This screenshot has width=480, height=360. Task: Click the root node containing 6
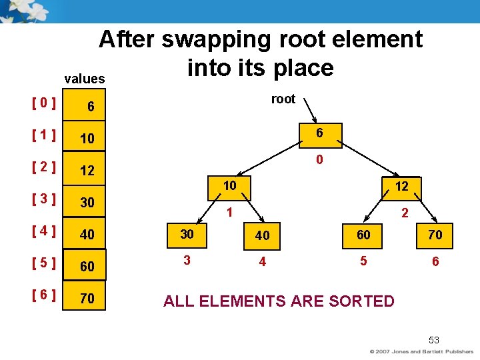pos(320,133)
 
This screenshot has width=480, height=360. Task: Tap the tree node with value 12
pos(401,187)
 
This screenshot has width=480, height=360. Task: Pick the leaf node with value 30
pos(187,235)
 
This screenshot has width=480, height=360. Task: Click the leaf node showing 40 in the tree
pos(262,235)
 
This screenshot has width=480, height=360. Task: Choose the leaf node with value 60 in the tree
pos(363,235)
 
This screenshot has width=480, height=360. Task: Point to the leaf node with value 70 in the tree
pos(435,235)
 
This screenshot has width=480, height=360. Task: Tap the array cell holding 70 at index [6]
pos(87,298)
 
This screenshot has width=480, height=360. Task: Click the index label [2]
pos(44,167)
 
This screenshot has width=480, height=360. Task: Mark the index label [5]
pos(44,263)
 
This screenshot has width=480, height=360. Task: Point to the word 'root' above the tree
pos(283,99)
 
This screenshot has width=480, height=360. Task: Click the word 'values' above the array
pos(85,79)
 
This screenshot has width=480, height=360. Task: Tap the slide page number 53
pos(434,339)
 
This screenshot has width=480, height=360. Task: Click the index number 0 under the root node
pos(320,160)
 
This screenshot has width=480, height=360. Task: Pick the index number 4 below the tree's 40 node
pos(263,262)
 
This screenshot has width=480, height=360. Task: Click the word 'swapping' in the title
pos(215,40)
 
